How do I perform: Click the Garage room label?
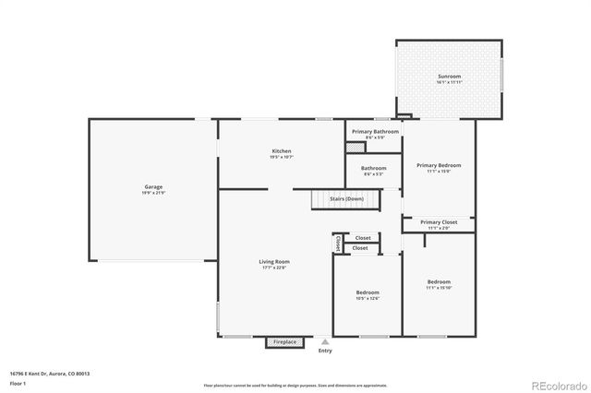(x=153, y=187)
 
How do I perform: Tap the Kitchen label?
(x=282, y=151)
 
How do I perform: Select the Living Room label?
(x=274, y=262)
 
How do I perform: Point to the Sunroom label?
(x=449, y=77)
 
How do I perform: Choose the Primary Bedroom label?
(x=439, y=165)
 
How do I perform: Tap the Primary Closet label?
(x=439, y=222)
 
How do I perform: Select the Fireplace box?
(x=284, y=342)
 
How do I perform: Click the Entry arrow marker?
(x=324, y=341)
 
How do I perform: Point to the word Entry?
(x=324, y=351)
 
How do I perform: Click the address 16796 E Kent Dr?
(x=52, y=374)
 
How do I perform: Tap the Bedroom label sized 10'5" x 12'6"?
(x=368, y=292)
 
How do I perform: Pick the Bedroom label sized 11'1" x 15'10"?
(x=439, y=281)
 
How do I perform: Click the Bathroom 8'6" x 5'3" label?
(x=374, y=169)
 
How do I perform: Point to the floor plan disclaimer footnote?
(x=295, y=384)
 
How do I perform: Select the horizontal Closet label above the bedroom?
(x=362, y=238)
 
